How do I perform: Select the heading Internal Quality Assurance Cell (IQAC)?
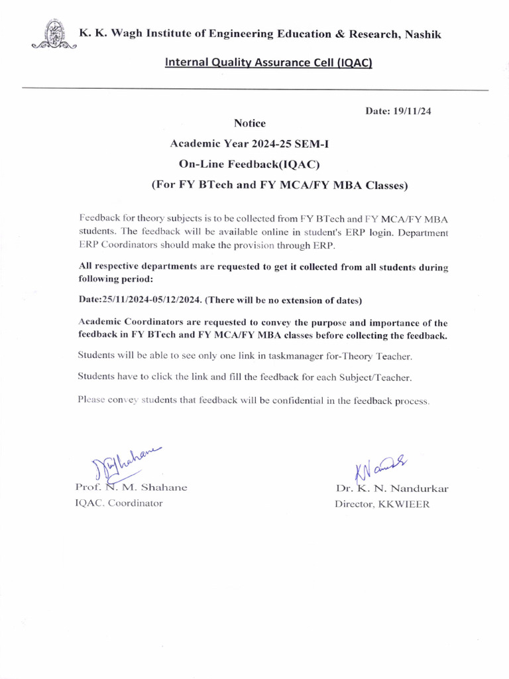[x=268, y=63]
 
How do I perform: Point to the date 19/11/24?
[x=398, y=111]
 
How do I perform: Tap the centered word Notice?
[x=250, y=123]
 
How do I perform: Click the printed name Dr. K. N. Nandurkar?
[x=392, y=489]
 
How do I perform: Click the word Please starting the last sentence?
[x=93, y=400]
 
